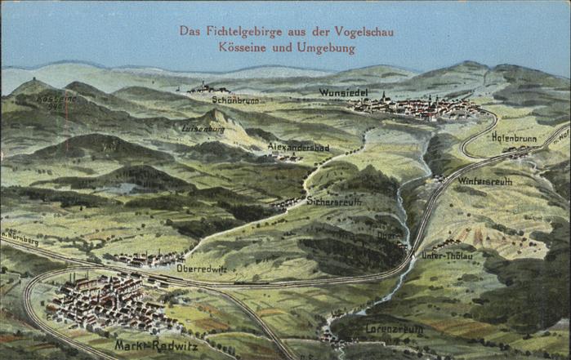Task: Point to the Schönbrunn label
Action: coord(235,100)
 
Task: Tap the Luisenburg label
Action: coord(203,128)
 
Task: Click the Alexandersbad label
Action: coord(298,147)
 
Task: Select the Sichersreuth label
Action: coord(333,200)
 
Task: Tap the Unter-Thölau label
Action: coord(447,255)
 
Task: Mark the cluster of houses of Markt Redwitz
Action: coord(106,302)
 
